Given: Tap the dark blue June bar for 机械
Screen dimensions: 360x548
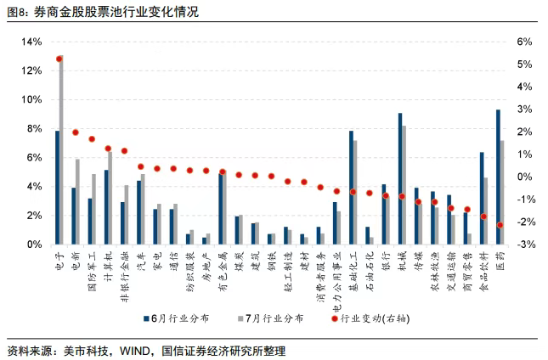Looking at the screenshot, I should click(400, 178).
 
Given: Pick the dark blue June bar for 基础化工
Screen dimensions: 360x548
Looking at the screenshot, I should click(351, 187).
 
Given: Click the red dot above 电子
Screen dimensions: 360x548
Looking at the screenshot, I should click(59, 59).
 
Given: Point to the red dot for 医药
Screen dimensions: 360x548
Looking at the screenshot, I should click(500, 225).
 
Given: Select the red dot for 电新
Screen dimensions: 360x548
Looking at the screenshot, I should click(76, 132).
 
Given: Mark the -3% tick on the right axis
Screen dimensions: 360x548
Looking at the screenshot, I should click(524, 245).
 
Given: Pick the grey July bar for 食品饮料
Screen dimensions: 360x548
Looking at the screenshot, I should click(486, 211).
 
